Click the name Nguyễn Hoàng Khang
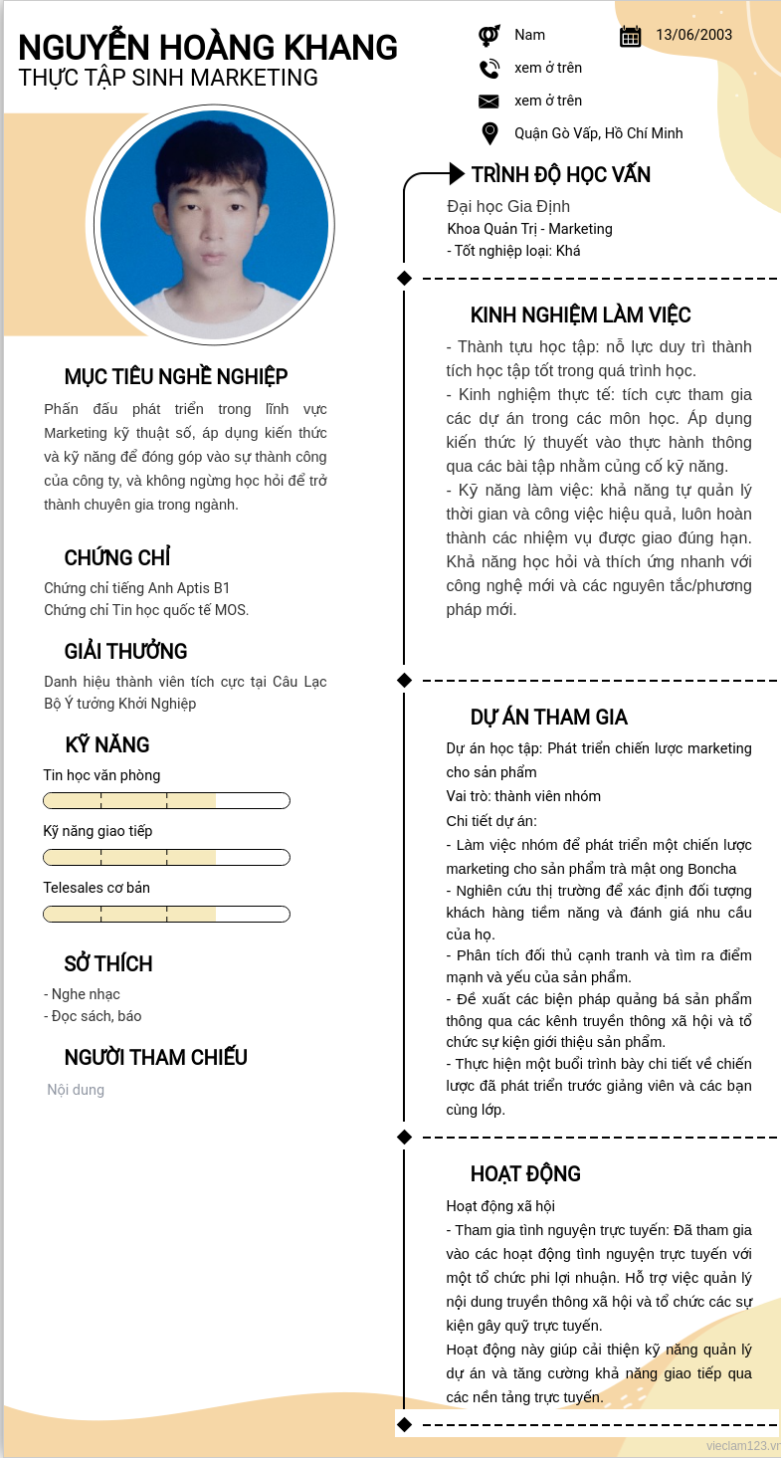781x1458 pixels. point(208,48)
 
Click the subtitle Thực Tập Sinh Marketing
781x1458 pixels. point(168,78)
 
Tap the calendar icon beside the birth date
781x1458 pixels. point(630,36)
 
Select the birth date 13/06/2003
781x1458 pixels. point(693,35)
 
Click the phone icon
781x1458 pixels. point(488,69)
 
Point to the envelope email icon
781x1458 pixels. point(488,102)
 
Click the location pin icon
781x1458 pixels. point(488,133)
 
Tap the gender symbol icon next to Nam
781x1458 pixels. point(488,36)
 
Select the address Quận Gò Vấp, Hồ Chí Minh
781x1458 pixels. point(598,133)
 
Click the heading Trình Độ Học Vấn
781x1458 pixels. point(560,175)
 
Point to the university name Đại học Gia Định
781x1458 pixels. point(508,207)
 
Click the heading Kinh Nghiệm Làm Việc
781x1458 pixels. point(580,315)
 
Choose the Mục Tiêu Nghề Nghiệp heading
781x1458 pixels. point(176,377)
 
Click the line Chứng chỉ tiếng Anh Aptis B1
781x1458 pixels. point(136,588)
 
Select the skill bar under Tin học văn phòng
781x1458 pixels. point(166,801)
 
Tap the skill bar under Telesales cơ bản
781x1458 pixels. point(166,914)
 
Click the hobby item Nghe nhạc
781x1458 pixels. point(85,994)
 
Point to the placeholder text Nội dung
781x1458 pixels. point(76,1090)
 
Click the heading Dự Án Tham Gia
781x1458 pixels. point(548,718)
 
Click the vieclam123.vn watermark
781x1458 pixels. point(742,1445)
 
